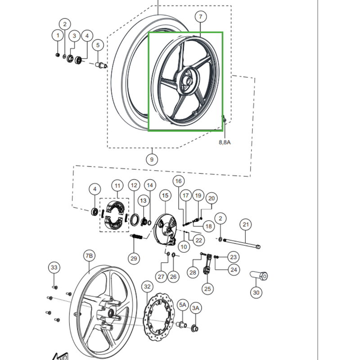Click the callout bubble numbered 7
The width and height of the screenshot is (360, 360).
pos(201,17)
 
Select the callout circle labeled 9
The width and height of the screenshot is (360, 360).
pos(152,159)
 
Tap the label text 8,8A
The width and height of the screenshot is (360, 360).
pos(225,142)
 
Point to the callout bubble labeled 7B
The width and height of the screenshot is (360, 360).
pos(89,256)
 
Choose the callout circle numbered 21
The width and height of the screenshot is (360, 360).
pos(246,225)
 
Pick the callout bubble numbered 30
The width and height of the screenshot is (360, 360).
pos(256,293)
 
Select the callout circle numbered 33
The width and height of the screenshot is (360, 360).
pos(54,268)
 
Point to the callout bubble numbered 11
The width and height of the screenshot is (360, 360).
pos(117,185)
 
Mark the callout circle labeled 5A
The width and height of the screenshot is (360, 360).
pos(183,305)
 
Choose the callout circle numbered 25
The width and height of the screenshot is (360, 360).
pos(207,288)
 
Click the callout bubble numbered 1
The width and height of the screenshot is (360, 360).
pos(58,35)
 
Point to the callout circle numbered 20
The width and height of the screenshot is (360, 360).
pos(211,198)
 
